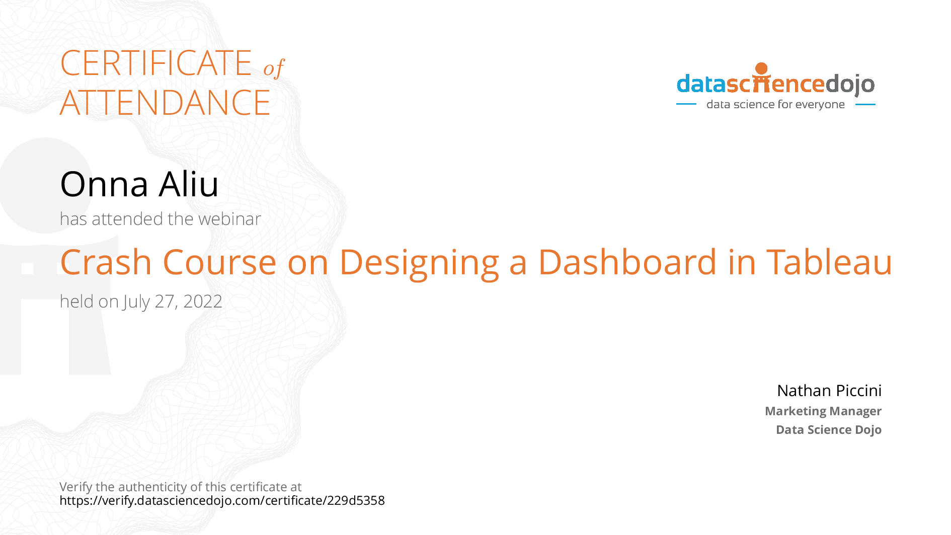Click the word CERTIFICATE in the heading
pos(156,63)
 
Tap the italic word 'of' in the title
pos(274,68)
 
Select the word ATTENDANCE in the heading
pos(165,103)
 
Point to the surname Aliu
pos(189,184)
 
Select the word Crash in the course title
pos(106,262)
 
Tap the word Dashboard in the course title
pos(627,262)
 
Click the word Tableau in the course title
pos(829,262)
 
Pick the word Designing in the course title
pos(419,263)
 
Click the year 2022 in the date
pos(203,301)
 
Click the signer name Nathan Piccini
pos(829,391)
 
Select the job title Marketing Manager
pos(823,411)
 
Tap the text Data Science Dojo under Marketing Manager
pos(829,430)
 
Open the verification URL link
pos(222,501)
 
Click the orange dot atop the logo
pos(761,68)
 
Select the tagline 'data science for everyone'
pos(775,105)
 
